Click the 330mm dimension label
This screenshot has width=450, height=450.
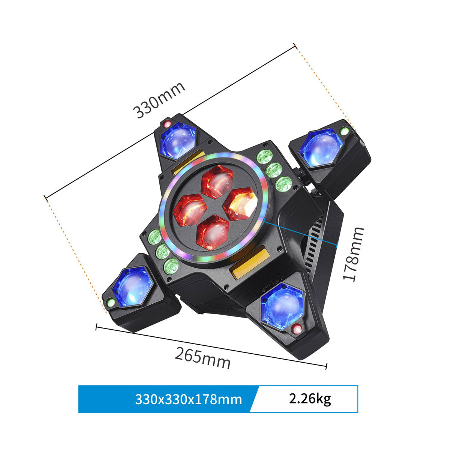pyautogui.click(x=159, y=100)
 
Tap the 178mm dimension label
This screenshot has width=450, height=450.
pyautogui.click(x=354, y=254)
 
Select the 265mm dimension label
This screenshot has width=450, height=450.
pyautogui.click(x=202, y=358)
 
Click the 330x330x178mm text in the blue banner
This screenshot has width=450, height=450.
pyautogui.click(x=188, y=399)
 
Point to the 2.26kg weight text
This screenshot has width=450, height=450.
pyautogui.click(x=310, y=398)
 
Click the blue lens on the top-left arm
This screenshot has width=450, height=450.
pyautogui.click(x=177, y=140)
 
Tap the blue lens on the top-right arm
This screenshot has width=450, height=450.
pyautogui.click(x=320, y=148)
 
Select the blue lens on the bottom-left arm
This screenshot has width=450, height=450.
pyautogui.click(x=132, y=287)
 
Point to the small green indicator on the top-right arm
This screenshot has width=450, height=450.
pyautogui.click(x=344, y=131)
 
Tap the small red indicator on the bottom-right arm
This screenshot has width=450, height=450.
pyautogui.click(x=297, y=329)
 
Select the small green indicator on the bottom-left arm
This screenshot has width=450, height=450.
pyautogui.click(x=110, y=302)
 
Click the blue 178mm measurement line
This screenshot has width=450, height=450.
pyautogui.click(x=300, y=232)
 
